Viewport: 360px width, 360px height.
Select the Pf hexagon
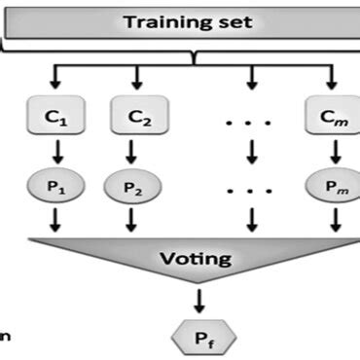click(x=202, y=339)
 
